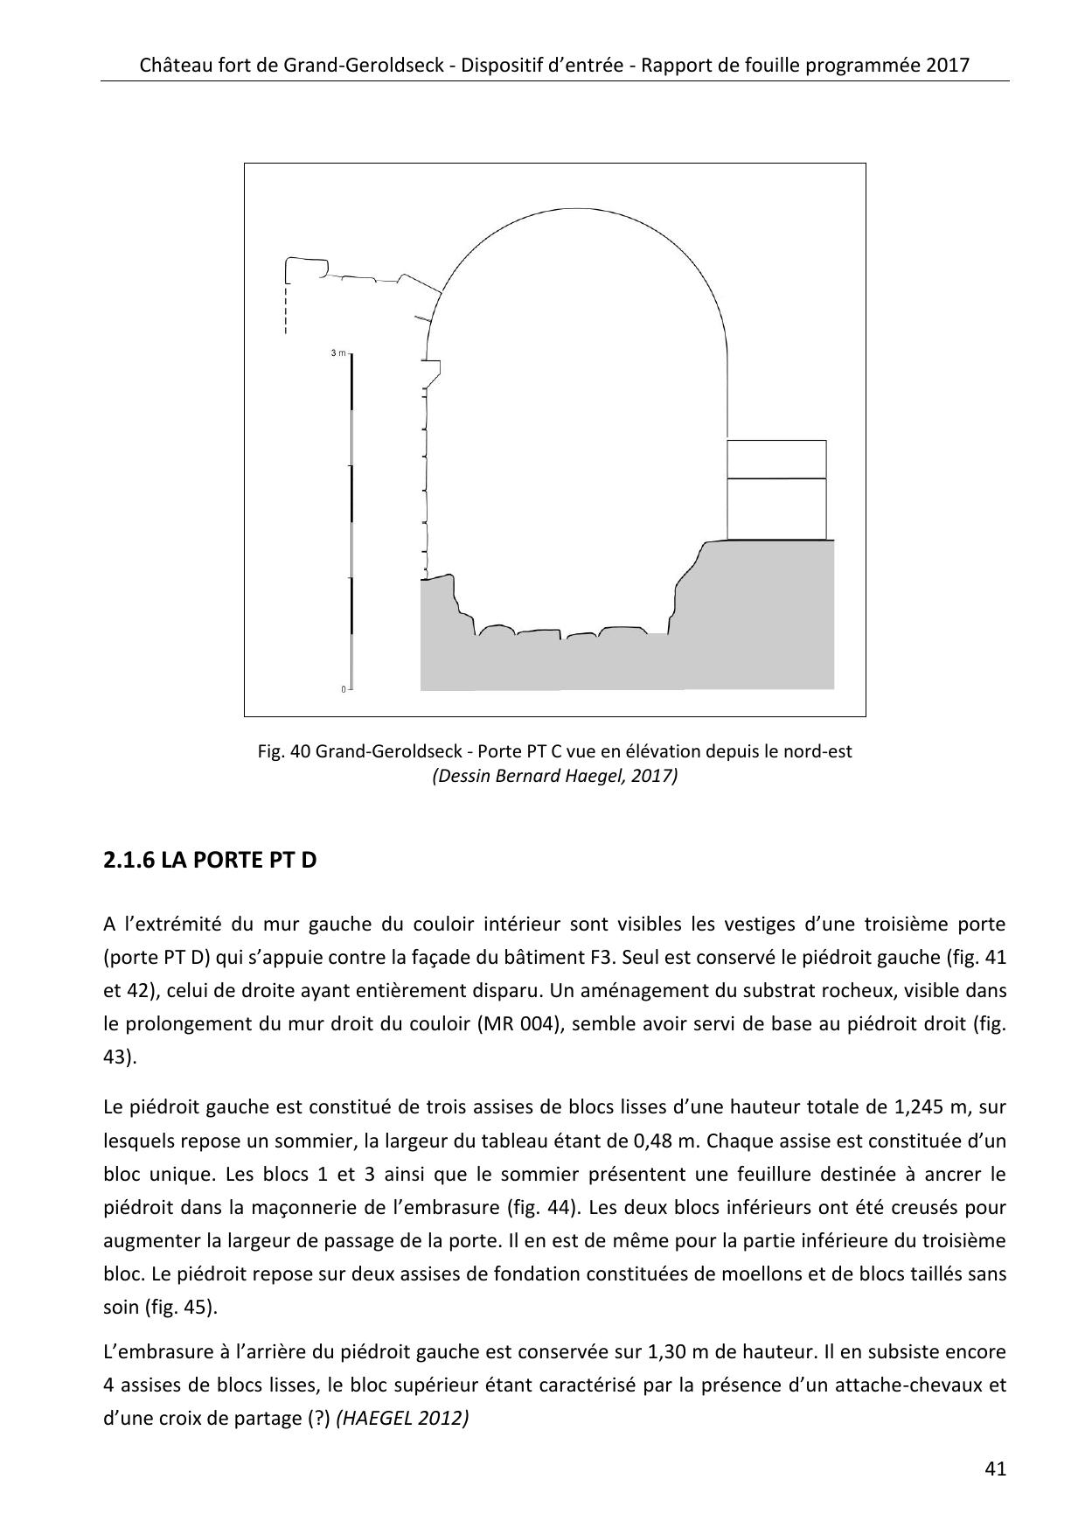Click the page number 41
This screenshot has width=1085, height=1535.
[x=995, y=1469]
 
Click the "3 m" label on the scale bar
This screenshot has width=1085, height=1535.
[x=337, y=353]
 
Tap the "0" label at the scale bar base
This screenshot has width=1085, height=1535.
[x=344, y=689]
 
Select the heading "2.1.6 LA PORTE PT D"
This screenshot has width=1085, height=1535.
[x=209, y=861]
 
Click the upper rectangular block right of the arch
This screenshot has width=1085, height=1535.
[x=776, y=459]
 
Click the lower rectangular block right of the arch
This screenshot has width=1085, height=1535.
[x=776, y=509]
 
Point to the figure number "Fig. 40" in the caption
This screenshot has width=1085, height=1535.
[x=284, y=751]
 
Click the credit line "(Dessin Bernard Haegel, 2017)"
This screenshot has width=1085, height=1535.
[x=554, y=776]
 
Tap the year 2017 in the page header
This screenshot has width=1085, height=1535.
[x=946, y=66]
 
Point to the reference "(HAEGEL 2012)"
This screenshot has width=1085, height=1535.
[x=402, y=1419]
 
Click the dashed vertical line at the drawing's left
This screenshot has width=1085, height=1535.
[x=286, y=310]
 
